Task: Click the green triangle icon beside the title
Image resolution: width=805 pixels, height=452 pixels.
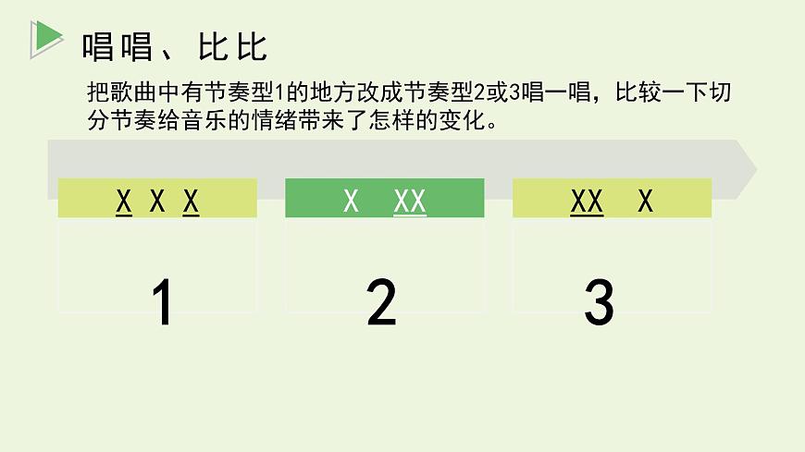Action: point(45,36)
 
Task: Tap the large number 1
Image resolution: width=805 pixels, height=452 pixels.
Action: point(161,302)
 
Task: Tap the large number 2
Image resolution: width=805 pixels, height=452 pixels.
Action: point(381,302)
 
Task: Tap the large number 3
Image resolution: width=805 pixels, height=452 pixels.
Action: point(599,302)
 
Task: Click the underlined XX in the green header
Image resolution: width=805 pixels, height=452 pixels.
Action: point(409,201)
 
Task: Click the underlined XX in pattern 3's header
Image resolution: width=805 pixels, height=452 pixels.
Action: point(587,201)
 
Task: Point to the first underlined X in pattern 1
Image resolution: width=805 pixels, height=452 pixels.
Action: point(124,201)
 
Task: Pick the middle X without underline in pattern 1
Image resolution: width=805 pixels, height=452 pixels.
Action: point(157,201)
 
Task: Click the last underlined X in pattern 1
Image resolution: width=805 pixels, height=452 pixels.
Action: point(191,201)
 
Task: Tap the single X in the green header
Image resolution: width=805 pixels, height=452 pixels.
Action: point(351,201)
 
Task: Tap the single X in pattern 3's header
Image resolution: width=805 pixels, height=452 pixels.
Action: point(645,201)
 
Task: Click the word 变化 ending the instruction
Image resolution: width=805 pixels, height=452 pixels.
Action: point(464,121)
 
